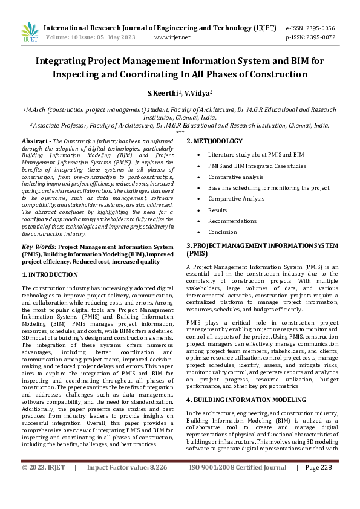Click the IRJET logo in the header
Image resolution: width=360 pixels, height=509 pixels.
(x=29, y=32)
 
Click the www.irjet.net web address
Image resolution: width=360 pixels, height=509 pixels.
(x=172, y=37)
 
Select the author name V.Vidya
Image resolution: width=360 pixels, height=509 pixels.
(x=197, y=94)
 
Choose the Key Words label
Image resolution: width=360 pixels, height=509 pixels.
(x=38, y=247)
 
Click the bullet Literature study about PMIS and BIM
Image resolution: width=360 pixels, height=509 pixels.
(x=256, y=155)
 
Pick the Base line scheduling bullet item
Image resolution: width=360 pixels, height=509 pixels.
(x=269, y=187)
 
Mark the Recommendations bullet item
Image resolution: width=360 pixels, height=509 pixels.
(x=231, y=221)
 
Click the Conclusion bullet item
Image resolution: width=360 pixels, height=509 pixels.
(x=223, y=232)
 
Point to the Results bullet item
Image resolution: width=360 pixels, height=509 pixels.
(x=218, y=210)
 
